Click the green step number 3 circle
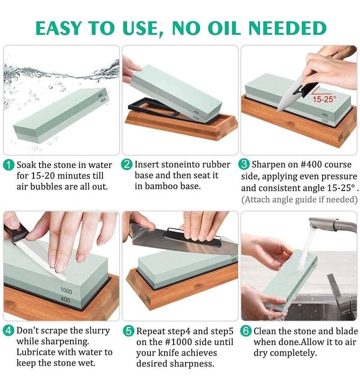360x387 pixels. [244, 164]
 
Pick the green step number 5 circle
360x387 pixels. [128, 331]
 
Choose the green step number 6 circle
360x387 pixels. [246, 331]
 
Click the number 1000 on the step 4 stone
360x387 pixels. [66, 291]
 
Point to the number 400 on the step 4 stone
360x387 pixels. [65, 300]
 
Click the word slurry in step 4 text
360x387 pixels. [97, 331]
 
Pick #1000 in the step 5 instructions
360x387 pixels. [178, 342]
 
